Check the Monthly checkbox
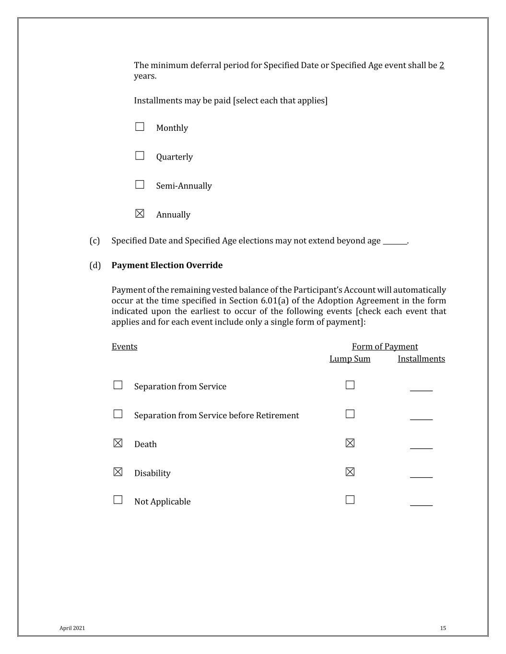tap(140, 127)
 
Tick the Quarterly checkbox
tap(140, 156)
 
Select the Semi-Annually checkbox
tap(140, 184)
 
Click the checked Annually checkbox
tap(140, 214)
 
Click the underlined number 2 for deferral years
tap(442, 65)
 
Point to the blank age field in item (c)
tap(395, 241)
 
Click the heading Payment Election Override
tap(167, 265)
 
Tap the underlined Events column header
tap(124, 346)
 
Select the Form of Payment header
tap(385, 346)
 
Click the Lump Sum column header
tap(350, 359)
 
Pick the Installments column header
tap(421, 359)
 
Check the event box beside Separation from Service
tap(118, 385)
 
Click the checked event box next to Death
tap(118, 443)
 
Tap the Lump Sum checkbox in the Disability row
tap(350, 472)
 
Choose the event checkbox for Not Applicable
tap(118, 500)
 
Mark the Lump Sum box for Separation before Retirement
tap(350, 414)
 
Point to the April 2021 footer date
tap(72, 628)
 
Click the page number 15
tap(443, 628)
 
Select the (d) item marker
tap(95, 265)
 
